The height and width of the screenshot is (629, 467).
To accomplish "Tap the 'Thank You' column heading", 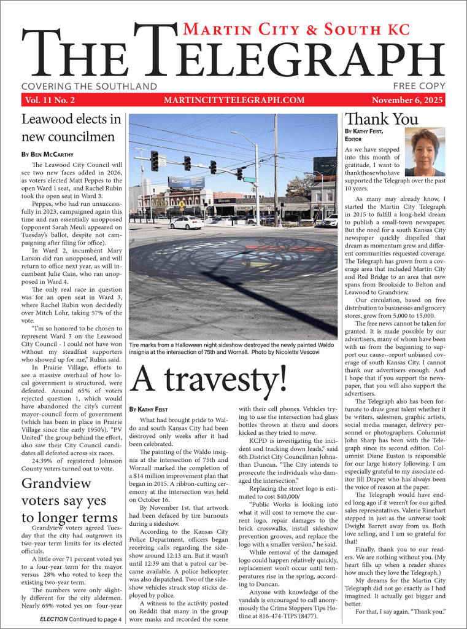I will pos(382,119).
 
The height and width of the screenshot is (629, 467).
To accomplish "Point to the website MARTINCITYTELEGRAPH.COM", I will pos(234,100).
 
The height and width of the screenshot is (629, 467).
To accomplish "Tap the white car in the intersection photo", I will pos(186,223).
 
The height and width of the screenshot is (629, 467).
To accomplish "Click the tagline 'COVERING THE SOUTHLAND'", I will pos(89,87).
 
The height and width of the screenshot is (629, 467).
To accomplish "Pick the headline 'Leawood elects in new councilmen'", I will pos(71,128).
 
